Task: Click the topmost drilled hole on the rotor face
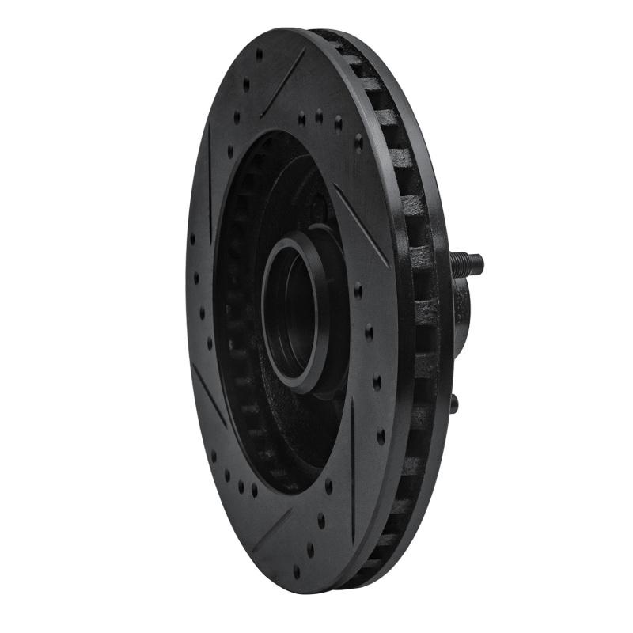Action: point(259,55)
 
